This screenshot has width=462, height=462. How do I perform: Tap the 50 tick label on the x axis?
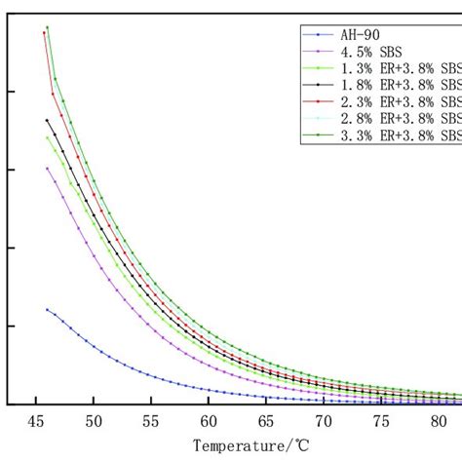(93, 422)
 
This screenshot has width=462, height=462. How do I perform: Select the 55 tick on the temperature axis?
(151, 422)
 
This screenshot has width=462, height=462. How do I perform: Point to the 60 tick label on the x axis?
(209, 422)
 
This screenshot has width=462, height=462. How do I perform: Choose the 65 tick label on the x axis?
(266, 422)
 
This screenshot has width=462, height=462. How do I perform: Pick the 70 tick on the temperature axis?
(324, 422)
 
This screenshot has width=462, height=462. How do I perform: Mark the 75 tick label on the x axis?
(381, 422)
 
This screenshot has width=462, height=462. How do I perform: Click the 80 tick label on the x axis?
(439, 422)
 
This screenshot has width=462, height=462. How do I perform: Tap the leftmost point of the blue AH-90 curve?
(47, 309)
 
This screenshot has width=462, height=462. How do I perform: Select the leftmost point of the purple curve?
(47, 168)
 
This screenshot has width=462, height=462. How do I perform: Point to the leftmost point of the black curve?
(47, 120)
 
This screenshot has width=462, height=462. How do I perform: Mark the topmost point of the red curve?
(44, 32)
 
